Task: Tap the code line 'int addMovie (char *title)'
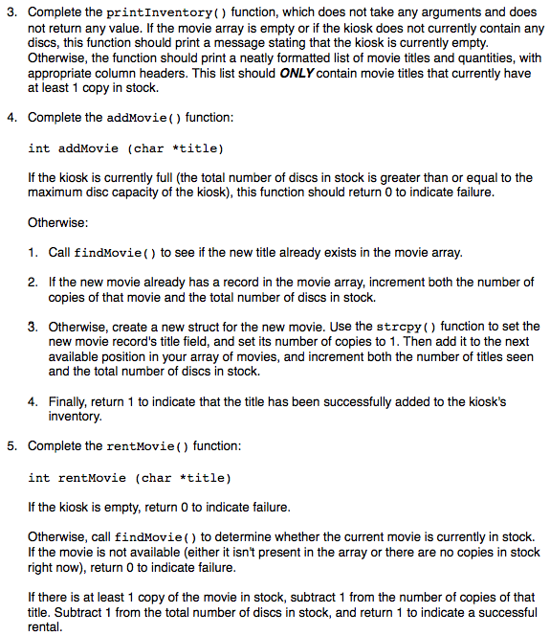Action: point(125,148)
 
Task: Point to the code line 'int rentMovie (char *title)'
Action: point(129,477)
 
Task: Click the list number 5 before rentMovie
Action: point(11,445)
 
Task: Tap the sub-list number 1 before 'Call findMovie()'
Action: point(33,253)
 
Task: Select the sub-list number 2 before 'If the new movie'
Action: point(33,283)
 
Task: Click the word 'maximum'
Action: point(55,193)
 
